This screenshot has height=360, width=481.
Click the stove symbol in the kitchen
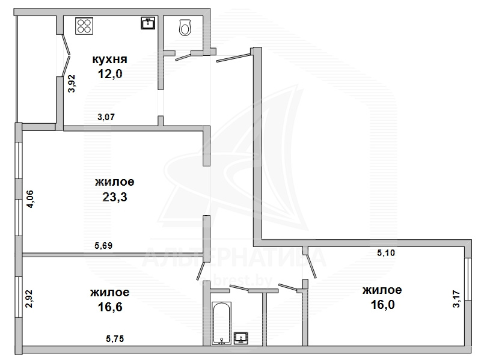[x=84, y=26]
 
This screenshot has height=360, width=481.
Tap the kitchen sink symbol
[x=148, y=23]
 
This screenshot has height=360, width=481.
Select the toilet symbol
[x=185, y=27]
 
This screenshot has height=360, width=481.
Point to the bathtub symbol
[x=221, y=323]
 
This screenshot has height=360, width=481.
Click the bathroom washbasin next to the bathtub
[x=241, y=338]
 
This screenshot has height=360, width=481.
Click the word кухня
[x=109, y=59]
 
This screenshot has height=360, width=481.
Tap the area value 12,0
[x=110, y=74]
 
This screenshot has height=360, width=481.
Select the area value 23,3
[x=114, y=197]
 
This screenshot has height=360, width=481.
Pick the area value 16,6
[x=110, y=307]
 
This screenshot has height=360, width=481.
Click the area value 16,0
[x=382, y=305]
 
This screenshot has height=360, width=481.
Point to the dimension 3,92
[x=72, y=84]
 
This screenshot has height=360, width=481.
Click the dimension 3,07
[x=106, y=117]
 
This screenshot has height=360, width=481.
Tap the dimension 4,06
[x=31, y=200]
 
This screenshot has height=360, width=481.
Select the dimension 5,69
[x=103, y=245]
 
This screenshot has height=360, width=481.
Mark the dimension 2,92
[x=29, y=299]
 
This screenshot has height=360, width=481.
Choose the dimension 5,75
[x=115, y=338]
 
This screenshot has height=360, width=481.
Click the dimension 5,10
[x=386, y=253]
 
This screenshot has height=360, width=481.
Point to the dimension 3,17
[x=457, y=299]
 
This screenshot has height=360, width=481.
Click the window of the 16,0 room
[x=468, y=279]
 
